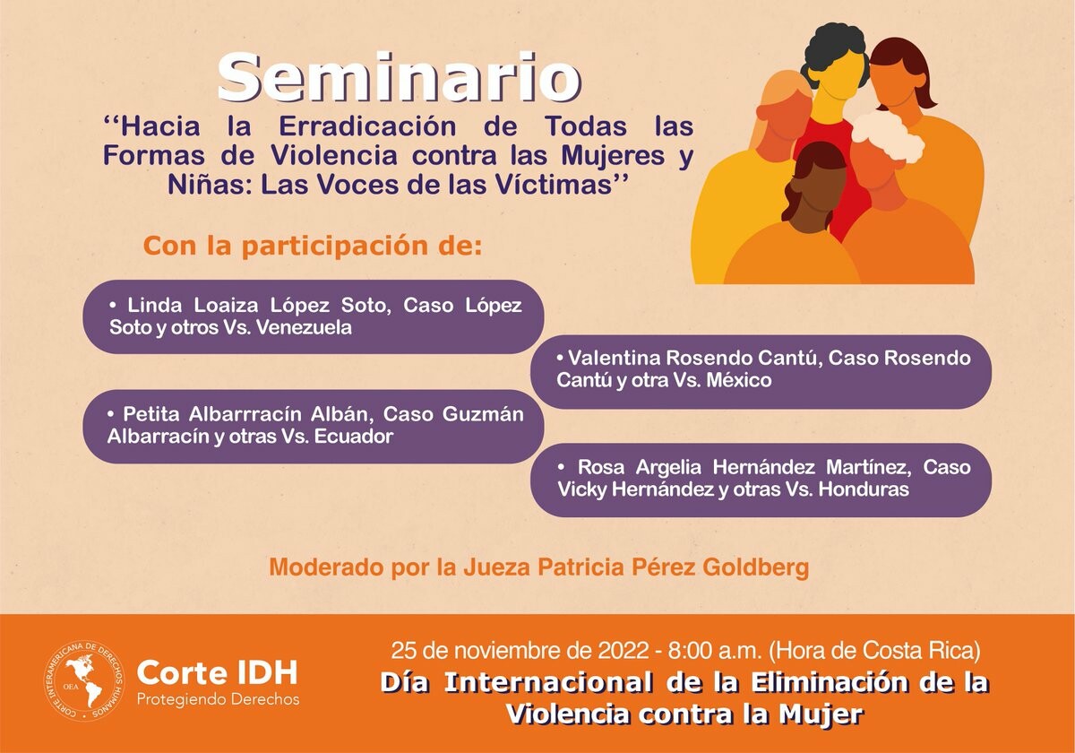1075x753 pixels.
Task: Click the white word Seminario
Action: pos(400,77)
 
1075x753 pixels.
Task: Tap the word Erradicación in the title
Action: pos(367,126)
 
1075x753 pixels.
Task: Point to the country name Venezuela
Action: pos(304,327)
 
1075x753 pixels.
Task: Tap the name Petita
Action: pos(151,414)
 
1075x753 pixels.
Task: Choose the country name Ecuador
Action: pos(354,437)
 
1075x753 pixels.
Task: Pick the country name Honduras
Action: pos(864,489)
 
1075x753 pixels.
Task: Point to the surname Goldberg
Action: pos(756,567)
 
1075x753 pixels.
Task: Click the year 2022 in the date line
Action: pos(623,651)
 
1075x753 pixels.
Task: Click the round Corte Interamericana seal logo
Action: pos(84,681)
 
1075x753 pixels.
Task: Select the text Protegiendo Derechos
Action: pos(219,699)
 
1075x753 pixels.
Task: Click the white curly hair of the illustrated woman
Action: pos(888,137)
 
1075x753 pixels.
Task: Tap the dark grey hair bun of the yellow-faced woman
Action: pos(836,48)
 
